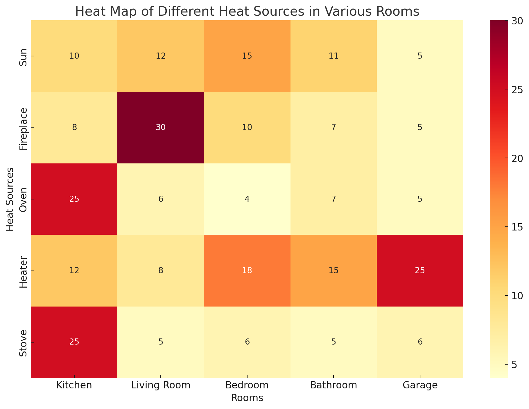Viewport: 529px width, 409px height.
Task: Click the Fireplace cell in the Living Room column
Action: click(161, 128)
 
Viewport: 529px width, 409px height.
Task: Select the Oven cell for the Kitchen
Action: click(74, 199)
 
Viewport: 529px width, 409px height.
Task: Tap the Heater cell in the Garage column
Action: click(420, 271)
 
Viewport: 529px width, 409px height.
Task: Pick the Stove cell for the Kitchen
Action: click(74, 342)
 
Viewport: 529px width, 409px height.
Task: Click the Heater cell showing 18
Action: click(247, 271)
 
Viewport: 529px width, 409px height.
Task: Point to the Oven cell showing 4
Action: click(247, 199)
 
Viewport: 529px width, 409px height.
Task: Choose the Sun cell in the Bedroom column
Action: click(247, 56)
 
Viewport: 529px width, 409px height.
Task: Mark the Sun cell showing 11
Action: click(333, 56)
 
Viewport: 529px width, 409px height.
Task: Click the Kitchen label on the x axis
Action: click(74, 385)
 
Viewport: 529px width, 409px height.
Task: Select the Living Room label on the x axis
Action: click(161, 385)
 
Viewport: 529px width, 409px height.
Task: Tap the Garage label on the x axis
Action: click(420, 385)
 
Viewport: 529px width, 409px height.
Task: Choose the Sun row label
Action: click(24, 56)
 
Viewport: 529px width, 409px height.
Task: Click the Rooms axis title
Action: click(247, 398)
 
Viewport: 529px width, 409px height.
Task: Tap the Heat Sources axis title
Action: click(10, 199)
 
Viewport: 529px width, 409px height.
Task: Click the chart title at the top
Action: click(247, 12)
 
